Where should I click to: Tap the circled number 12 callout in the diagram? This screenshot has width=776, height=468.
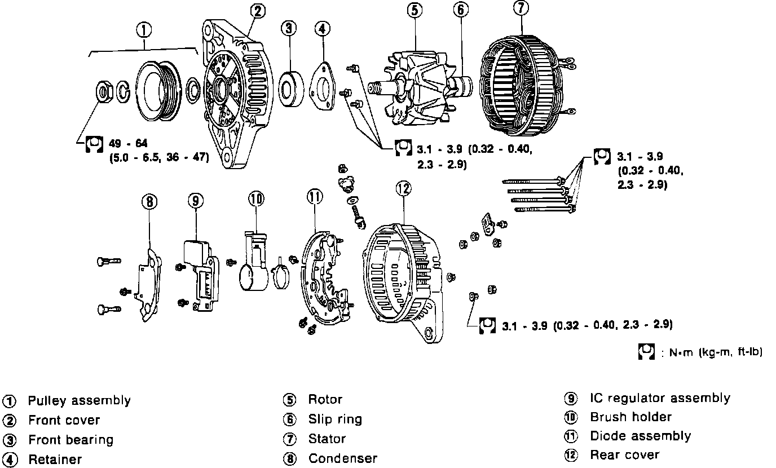[403, 189]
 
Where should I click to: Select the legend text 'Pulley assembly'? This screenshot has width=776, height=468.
[79, 401]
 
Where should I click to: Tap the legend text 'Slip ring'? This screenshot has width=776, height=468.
[335, 419]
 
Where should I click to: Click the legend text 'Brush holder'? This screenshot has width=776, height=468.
[630, 417]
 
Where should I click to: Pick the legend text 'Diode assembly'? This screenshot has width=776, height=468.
[640, 436]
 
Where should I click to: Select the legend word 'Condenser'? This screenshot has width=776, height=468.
[342, 458]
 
